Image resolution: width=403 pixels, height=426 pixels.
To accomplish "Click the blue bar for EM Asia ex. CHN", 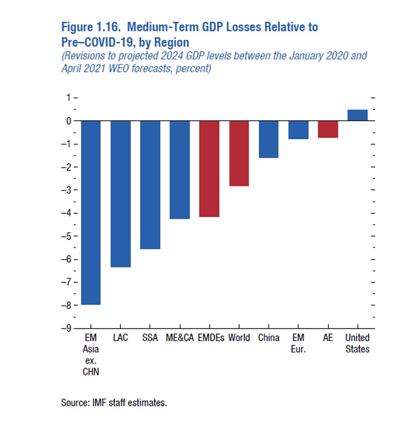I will (x=91, y=213).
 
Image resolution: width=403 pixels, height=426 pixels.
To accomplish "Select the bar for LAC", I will (x=120, y=194).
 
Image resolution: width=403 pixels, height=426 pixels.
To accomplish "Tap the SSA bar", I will (x=150, y=185).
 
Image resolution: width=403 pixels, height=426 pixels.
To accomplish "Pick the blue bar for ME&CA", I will (x=180, y=170).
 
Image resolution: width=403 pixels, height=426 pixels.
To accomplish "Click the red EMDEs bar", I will (x=209, y=169).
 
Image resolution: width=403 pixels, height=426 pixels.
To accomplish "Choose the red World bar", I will (x=239, y=153).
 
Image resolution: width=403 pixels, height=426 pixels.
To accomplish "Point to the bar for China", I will (x=268, y=139).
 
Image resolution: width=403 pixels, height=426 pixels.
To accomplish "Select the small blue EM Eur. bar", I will (x=298, y=130).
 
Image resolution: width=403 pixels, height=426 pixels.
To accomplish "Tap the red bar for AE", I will (x=328, y=129).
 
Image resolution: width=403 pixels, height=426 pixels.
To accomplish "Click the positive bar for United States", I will (x=357, y=115).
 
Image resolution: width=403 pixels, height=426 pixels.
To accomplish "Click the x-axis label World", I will (x=239, y=338).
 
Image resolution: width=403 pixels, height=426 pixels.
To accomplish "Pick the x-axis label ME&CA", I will (x=180, y=338).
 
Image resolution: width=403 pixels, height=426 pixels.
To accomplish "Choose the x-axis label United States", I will (x=357, y=344).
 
